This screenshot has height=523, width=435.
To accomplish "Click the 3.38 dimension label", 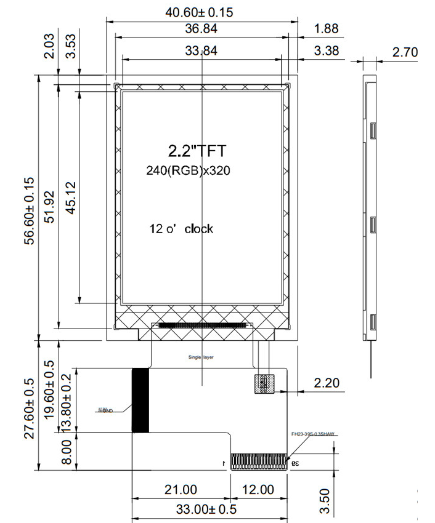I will click(325, 51).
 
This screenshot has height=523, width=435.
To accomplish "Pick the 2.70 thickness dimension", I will click(405, 52).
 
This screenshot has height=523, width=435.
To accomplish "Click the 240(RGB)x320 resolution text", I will click(188, 171).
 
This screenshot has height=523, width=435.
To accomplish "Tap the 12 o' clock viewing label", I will click(181, 229).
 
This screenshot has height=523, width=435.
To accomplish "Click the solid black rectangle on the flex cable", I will click(140, 400).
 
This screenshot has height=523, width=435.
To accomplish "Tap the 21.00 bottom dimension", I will click(181, 490).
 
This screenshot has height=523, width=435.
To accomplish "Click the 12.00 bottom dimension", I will click(258, 490).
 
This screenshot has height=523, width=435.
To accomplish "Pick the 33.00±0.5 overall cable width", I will click(207, 509).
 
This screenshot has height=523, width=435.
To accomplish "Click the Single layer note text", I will click(200, 357).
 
